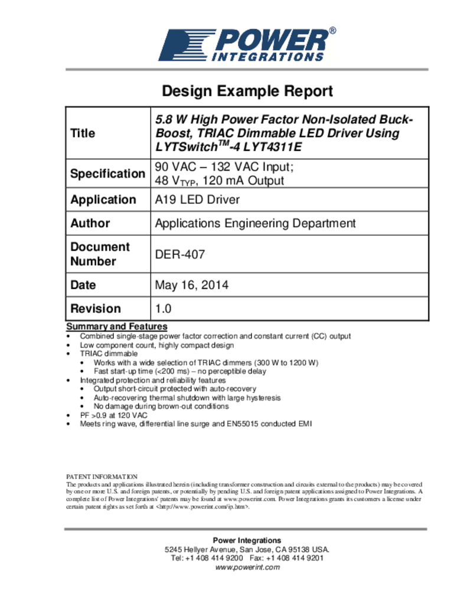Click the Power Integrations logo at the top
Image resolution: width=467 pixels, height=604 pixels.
click(x=247, y=44)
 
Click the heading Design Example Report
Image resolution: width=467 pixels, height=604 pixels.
click(x=247, y=91)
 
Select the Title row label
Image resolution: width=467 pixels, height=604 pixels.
click(x=83, y=133)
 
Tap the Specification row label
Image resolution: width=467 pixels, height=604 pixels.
click(x=107, y=174)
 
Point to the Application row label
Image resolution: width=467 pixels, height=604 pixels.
click(x=103, y=200)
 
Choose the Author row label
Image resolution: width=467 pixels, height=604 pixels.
click(x=90, y=224)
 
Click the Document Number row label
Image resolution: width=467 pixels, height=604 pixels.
click(x=100, y=254)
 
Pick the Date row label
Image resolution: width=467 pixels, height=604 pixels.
click(x=83, y=285)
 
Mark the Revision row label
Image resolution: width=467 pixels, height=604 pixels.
click(x=96, y=308)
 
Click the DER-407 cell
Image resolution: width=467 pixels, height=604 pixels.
click(x=180, y=255)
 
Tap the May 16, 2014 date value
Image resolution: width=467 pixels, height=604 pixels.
click(x=191, y=285)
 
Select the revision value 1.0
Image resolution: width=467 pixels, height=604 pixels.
click(x=163, y=308)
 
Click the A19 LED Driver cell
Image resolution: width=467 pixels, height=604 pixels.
click(x=197, y=200)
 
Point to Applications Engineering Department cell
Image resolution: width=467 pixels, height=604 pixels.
click(x=255, y=224)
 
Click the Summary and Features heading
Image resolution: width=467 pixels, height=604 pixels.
click(x=117, y=327)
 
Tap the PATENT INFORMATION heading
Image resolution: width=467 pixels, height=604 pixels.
click(x=102, y=477)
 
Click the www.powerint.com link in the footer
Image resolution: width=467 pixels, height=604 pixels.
click(x=247, y=567)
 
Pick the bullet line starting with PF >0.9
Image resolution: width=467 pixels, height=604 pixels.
click(x=114, y=415)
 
